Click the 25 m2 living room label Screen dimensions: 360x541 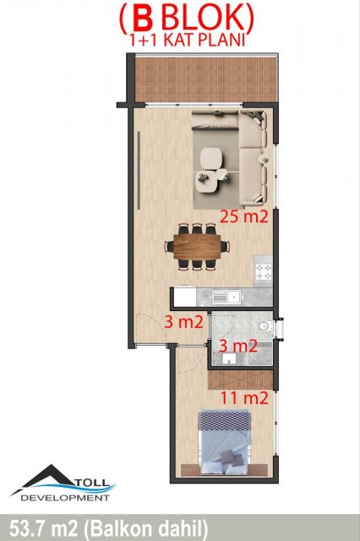click(x=243, y=216)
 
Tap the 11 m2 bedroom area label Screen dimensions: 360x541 click(x=243, y=398)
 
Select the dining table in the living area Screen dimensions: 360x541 click(x=197, y=246)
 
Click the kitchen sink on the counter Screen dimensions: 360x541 click(x=226, y=297)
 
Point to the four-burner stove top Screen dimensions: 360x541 click(x=264, y=271)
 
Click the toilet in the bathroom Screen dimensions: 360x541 click(x=266, y=325)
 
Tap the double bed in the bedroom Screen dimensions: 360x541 click(x=224, y=443)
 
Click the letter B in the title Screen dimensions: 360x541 click(x=143, y=19)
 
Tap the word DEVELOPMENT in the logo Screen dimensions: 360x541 click(x=65, y=498)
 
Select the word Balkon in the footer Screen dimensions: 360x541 click(x=122, y=528)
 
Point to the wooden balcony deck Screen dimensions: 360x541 click(x=206, y=79)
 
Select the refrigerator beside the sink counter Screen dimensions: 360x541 click(x=185, y=297)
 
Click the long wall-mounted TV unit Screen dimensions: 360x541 click(x=139, y=170)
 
